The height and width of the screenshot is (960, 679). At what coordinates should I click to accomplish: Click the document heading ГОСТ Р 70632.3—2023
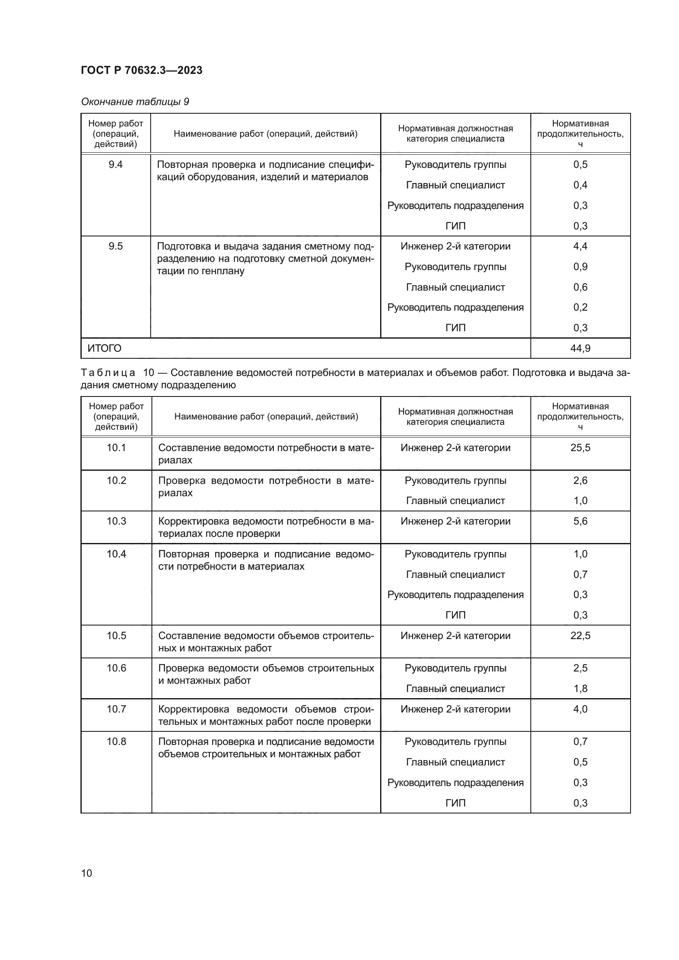[141, 70]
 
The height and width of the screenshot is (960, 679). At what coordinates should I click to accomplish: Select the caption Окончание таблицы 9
[135, 102]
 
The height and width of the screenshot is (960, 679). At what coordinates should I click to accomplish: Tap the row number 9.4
[115, 165]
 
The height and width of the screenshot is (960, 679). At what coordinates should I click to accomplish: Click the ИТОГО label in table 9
[105, 348]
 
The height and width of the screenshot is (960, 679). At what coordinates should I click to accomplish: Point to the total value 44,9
[580, 348]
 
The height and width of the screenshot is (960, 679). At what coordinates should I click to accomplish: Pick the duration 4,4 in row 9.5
[580, 246]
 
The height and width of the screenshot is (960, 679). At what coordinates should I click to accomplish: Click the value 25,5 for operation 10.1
[580, 448]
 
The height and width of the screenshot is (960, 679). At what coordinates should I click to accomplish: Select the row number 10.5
[116, 635]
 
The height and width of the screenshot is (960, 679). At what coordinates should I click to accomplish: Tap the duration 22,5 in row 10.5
[580, 635]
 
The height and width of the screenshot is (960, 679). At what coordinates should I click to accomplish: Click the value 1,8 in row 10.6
[580, 688]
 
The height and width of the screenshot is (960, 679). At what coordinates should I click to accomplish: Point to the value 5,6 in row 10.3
[580, 521]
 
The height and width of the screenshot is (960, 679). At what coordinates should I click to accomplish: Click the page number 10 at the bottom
[87, 873]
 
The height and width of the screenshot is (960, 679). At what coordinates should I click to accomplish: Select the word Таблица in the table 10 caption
[108, 373]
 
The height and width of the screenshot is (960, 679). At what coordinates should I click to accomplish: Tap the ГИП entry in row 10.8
[455, 803]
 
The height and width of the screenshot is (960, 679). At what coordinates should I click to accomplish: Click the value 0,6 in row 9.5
[580, 287]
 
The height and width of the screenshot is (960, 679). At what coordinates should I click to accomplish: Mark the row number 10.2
[116, 481]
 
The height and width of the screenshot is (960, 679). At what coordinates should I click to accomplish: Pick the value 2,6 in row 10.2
[580, 481]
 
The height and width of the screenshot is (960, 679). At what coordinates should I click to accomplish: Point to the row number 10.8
[116, 741]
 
